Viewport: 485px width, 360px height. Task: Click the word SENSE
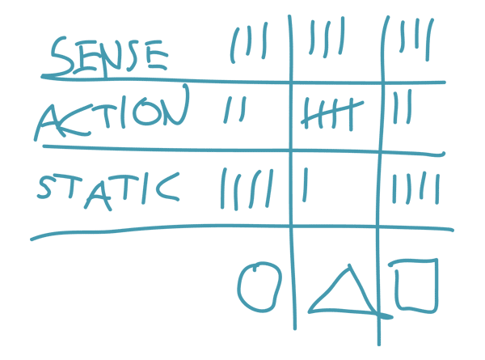[108, 54]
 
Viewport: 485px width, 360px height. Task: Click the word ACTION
[113, 116]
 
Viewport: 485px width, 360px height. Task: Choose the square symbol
[416, 285]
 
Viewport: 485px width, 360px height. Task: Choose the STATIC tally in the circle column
[247, 188]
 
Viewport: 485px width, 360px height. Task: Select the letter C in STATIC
[167, 187]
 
